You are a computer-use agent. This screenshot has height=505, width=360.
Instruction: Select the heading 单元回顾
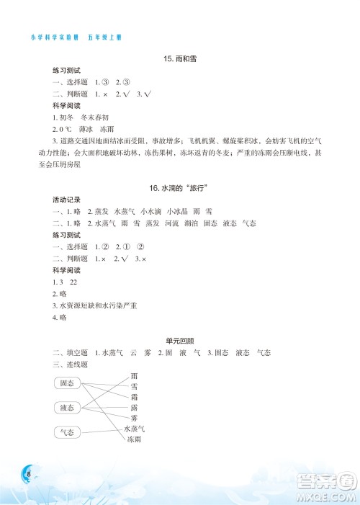(180, 341)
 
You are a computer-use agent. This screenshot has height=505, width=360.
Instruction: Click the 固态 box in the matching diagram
(68, 383)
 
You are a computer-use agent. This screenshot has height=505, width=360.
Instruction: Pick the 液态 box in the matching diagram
(68, 408)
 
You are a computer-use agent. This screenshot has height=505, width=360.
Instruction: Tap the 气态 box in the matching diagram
(68, 432)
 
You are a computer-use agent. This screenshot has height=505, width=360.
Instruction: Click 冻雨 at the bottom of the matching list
(135, 439)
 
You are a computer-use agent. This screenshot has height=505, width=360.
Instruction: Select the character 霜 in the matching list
(135, 397)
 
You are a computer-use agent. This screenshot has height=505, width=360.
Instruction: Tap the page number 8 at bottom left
(27, 473)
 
